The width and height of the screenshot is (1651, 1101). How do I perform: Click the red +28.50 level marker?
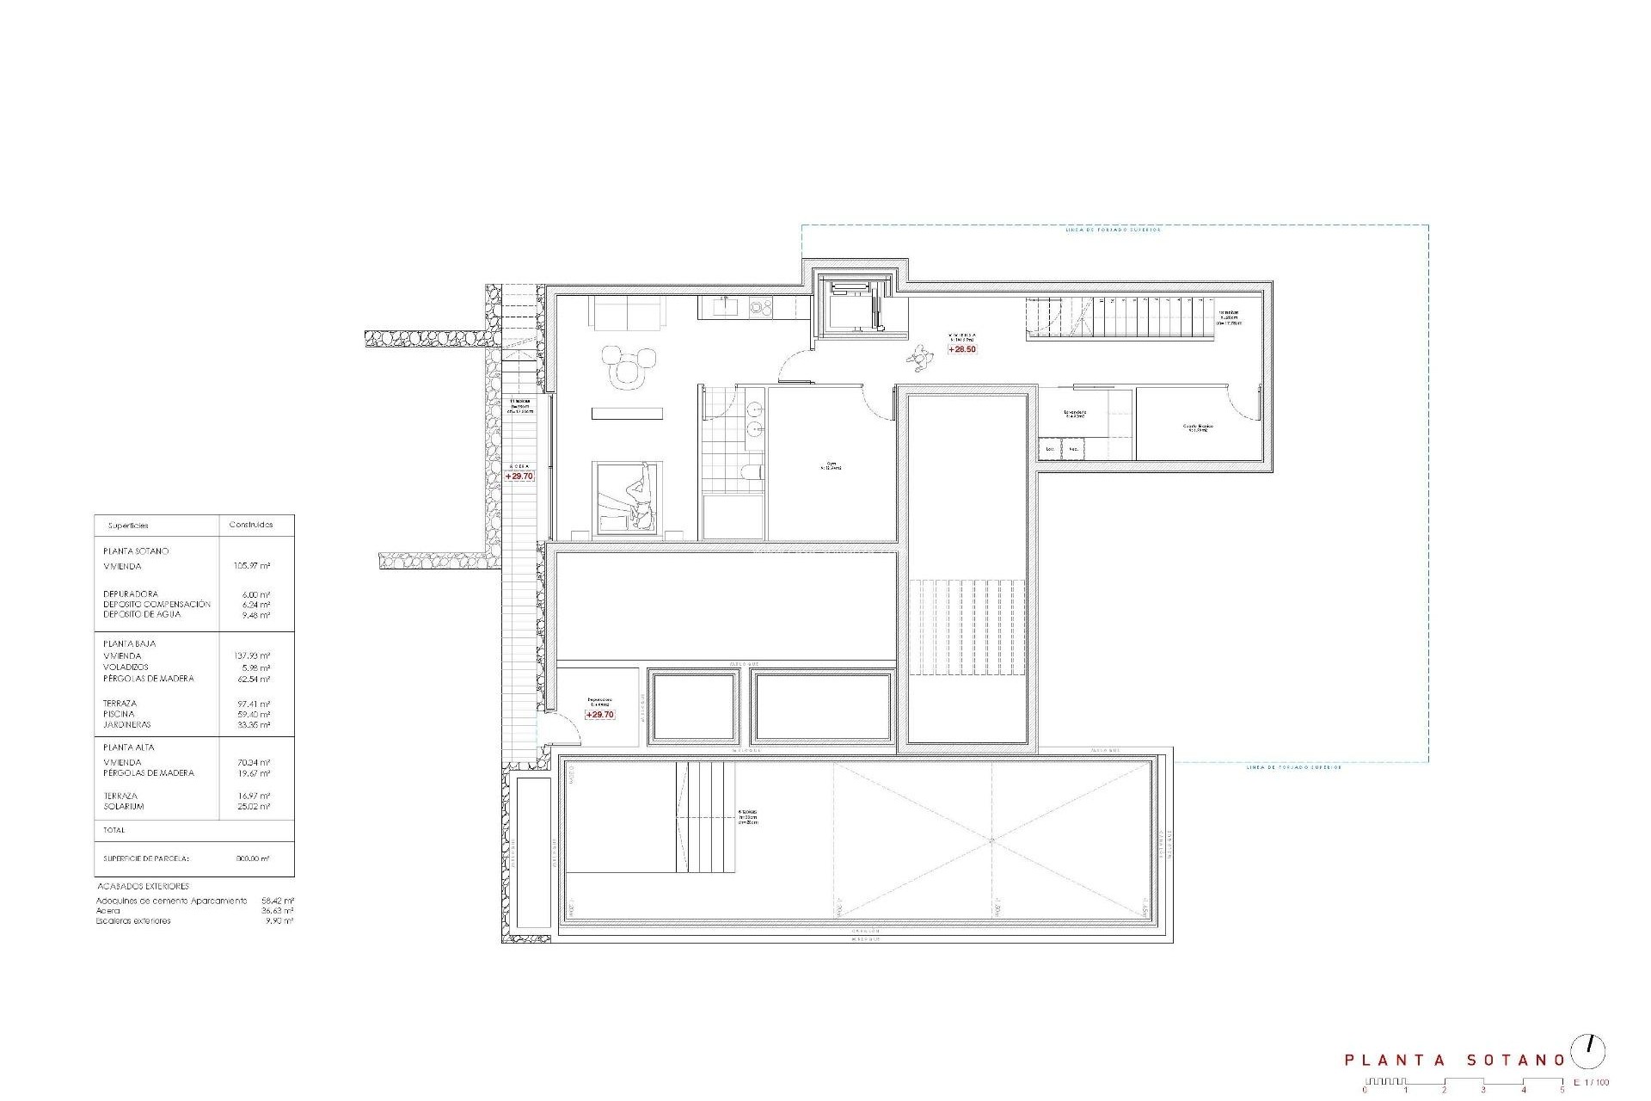point(961,349)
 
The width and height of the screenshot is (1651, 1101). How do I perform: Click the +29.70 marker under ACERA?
point(519,476)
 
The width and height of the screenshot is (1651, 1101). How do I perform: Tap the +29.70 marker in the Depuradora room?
point(599,715)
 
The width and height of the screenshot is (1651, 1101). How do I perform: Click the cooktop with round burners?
point(761,305)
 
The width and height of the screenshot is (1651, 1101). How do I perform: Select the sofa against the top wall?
point(627,313)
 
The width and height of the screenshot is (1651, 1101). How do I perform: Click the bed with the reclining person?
point(627,498)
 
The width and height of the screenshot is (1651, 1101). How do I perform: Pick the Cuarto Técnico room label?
point(1196,427)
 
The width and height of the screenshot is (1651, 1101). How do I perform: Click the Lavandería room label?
point(1075,413)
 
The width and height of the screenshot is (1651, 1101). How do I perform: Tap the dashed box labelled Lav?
point(1050,449)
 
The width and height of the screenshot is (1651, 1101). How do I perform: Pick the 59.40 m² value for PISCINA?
point(255,714)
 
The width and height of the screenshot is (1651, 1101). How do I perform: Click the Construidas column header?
point(251,525)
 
